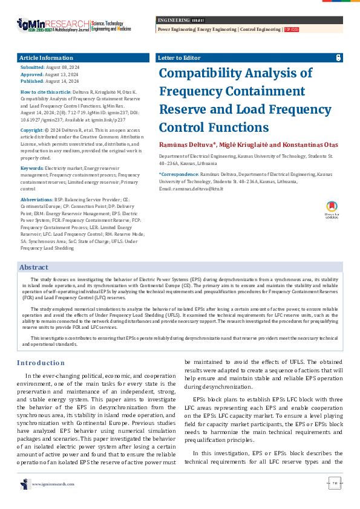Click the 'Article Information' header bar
pyautogui.click(x=83, y=58)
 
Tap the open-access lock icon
pyautogui.click(x=338, y=58)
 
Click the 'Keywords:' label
pyautogui.click(x=32, y=151)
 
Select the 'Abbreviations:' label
pyautogui.click(x=38, y=182)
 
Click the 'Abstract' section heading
pyautogui.click(x=34, y=267)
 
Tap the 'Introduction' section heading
pyautogui.click(x=41, y=363)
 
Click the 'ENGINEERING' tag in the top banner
pyautogui.click(x=172, y=21)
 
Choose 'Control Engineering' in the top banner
pyautogui.click(x=261, y=29)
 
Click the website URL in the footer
pyautogui.click(x=53, y=484)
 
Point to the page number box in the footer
pyautogui.click(x=335, y=482)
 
